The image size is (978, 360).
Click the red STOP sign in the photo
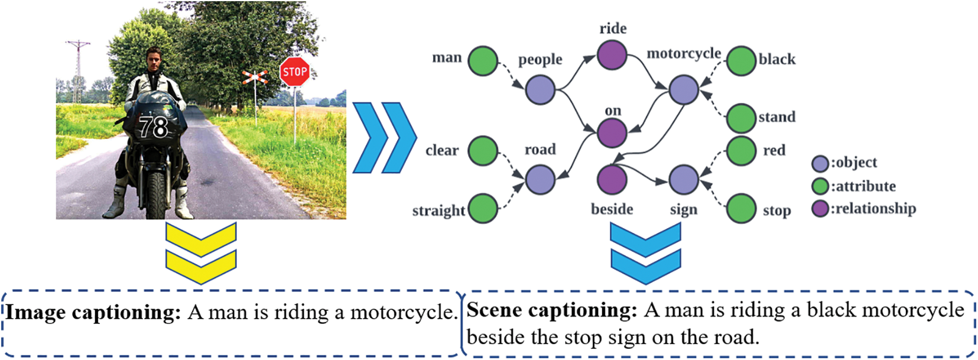[294, 72]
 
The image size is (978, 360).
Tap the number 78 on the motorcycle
[153, 127]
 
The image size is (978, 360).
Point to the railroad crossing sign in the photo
[255, 76]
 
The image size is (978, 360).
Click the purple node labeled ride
[612, 55]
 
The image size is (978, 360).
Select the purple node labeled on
[612, 132]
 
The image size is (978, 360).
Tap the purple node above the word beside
[612, 179]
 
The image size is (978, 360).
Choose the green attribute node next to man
[483, 60]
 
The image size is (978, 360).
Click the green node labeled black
[740, 60]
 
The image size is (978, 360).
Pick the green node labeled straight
[483, 208]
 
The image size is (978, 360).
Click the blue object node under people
[540, 90]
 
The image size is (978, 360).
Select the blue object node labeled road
[540, 179]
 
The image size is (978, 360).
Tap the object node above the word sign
[683, 179]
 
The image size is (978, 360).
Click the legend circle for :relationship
[820, 209]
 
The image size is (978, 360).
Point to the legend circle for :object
[820, 163]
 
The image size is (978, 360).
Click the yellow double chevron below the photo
[201, 253]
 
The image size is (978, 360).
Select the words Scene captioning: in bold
[551, 310]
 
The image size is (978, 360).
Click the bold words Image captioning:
[93, 312]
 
